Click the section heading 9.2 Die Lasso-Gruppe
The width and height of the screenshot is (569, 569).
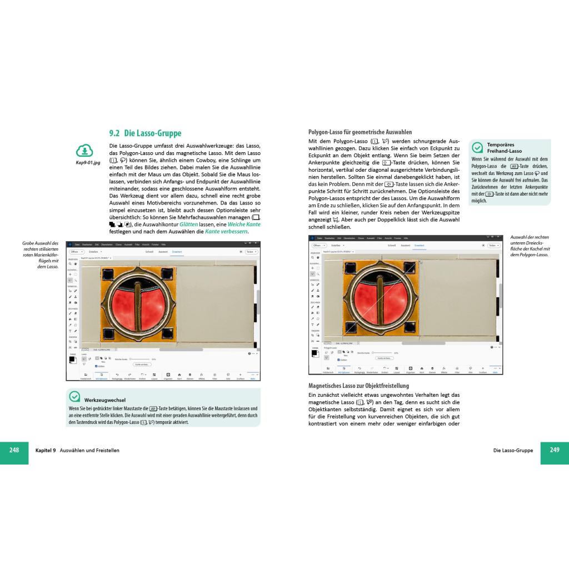(145, 133)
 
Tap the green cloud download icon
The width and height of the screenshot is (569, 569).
(84, 150)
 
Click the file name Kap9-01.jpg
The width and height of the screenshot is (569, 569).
(88, 163)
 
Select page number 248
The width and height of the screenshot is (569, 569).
(14, 450)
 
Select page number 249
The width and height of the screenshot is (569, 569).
(555, 450)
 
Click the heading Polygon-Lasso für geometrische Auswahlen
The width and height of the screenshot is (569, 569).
(360, 132)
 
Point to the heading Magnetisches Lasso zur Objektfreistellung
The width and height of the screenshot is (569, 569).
(358, 386)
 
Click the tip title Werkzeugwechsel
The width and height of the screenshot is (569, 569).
(105, 400)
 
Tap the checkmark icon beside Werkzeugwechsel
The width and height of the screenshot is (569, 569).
(74, 397)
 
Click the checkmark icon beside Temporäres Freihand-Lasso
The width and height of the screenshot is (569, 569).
(477, 147)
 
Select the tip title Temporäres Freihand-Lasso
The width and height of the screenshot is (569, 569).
(505, 148)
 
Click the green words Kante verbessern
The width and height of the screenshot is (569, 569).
(226, 232)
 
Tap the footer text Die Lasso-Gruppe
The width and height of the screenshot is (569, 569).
(512, 450)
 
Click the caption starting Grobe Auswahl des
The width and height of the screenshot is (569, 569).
(40, 255)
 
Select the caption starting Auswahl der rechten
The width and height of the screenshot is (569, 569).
(530, 246)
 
